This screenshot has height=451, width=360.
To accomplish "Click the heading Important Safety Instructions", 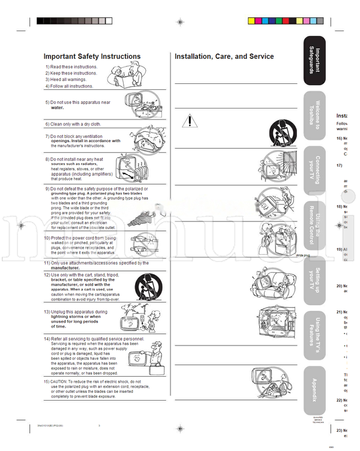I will click(x=92, y=56).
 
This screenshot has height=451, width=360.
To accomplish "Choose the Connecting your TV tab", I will click(x=315, y=170).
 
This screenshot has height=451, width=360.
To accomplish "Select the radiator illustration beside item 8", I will click(x=135, y=169).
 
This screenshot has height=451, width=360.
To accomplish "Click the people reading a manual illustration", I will click(x=127, y=77).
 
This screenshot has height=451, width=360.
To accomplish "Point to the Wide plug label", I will click(x=302, y=255).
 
